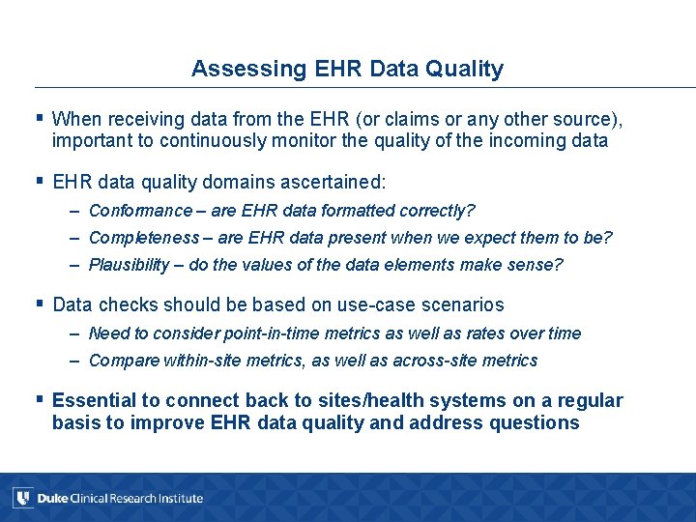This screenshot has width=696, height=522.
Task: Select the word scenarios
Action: pos(460,304)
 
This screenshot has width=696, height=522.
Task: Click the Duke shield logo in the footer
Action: pos(22,498)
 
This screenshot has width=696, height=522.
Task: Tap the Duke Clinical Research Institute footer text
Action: pos(120,499)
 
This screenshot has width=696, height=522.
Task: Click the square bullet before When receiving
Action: pos(40,118)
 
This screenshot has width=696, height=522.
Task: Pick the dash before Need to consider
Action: pos(74,333)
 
